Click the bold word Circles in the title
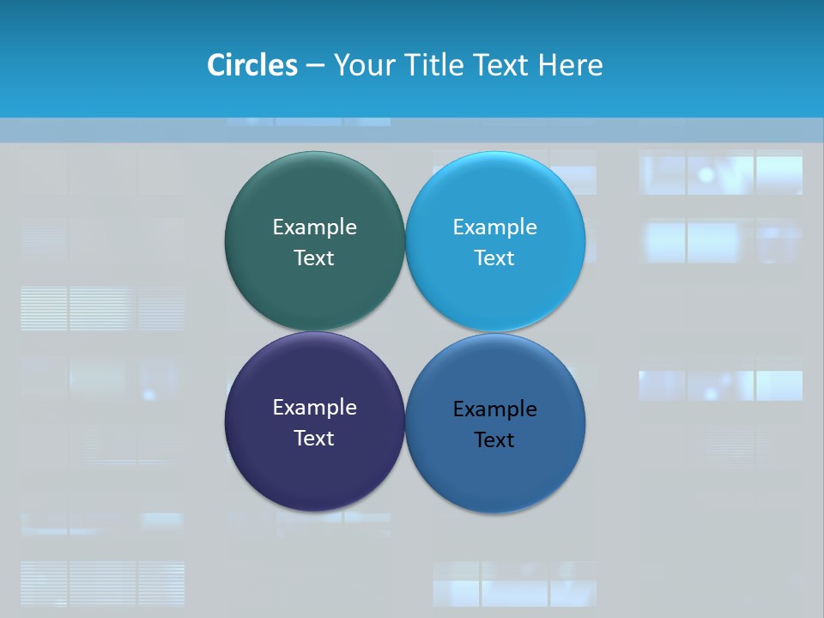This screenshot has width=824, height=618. (x=251, y=65)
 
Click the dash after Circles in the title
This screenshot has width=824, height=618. (x=315, y=66)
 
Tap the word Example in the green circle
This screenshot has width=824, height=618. (x=314, y=227)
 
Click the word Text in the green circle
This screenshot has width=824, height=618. (x=314, y=257)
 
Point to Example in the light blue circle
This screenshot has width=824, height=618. (x=495, y=227)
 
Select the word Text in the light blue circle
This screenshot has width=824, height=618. (x=495, y=257)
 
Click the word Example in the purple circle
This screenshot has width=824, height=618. (x=314, y=407)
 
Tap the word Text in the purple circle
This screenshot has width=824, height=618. (x=314, y=438)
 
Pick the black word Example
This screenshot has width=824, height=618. (x=495, y=409)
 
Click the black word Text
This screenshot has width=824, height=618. (x=495, y=439)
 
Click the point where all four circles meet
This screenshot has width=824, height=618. (x=405, y=331)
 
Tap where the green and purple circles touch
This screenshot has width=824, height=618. (x=314, y=331)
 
